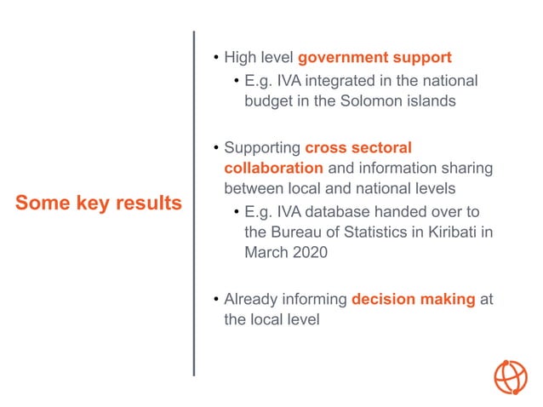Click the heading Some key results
(99, 203)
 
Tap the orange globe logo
(511, 377)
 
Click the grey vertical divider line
(194, 203)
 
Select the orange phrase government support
(374, 58)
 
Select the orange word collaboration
(273, 168)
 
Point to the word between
(253, 189)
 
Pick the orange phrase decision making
(413, 300)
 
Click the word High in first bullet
(241, 58)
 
